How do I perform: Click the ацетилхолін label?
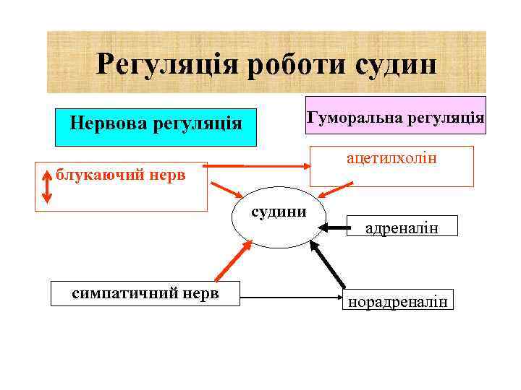(391, 156)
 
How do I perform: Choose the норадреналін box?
(399, 301)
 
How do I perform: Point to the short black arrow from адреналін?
(334, 227)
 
